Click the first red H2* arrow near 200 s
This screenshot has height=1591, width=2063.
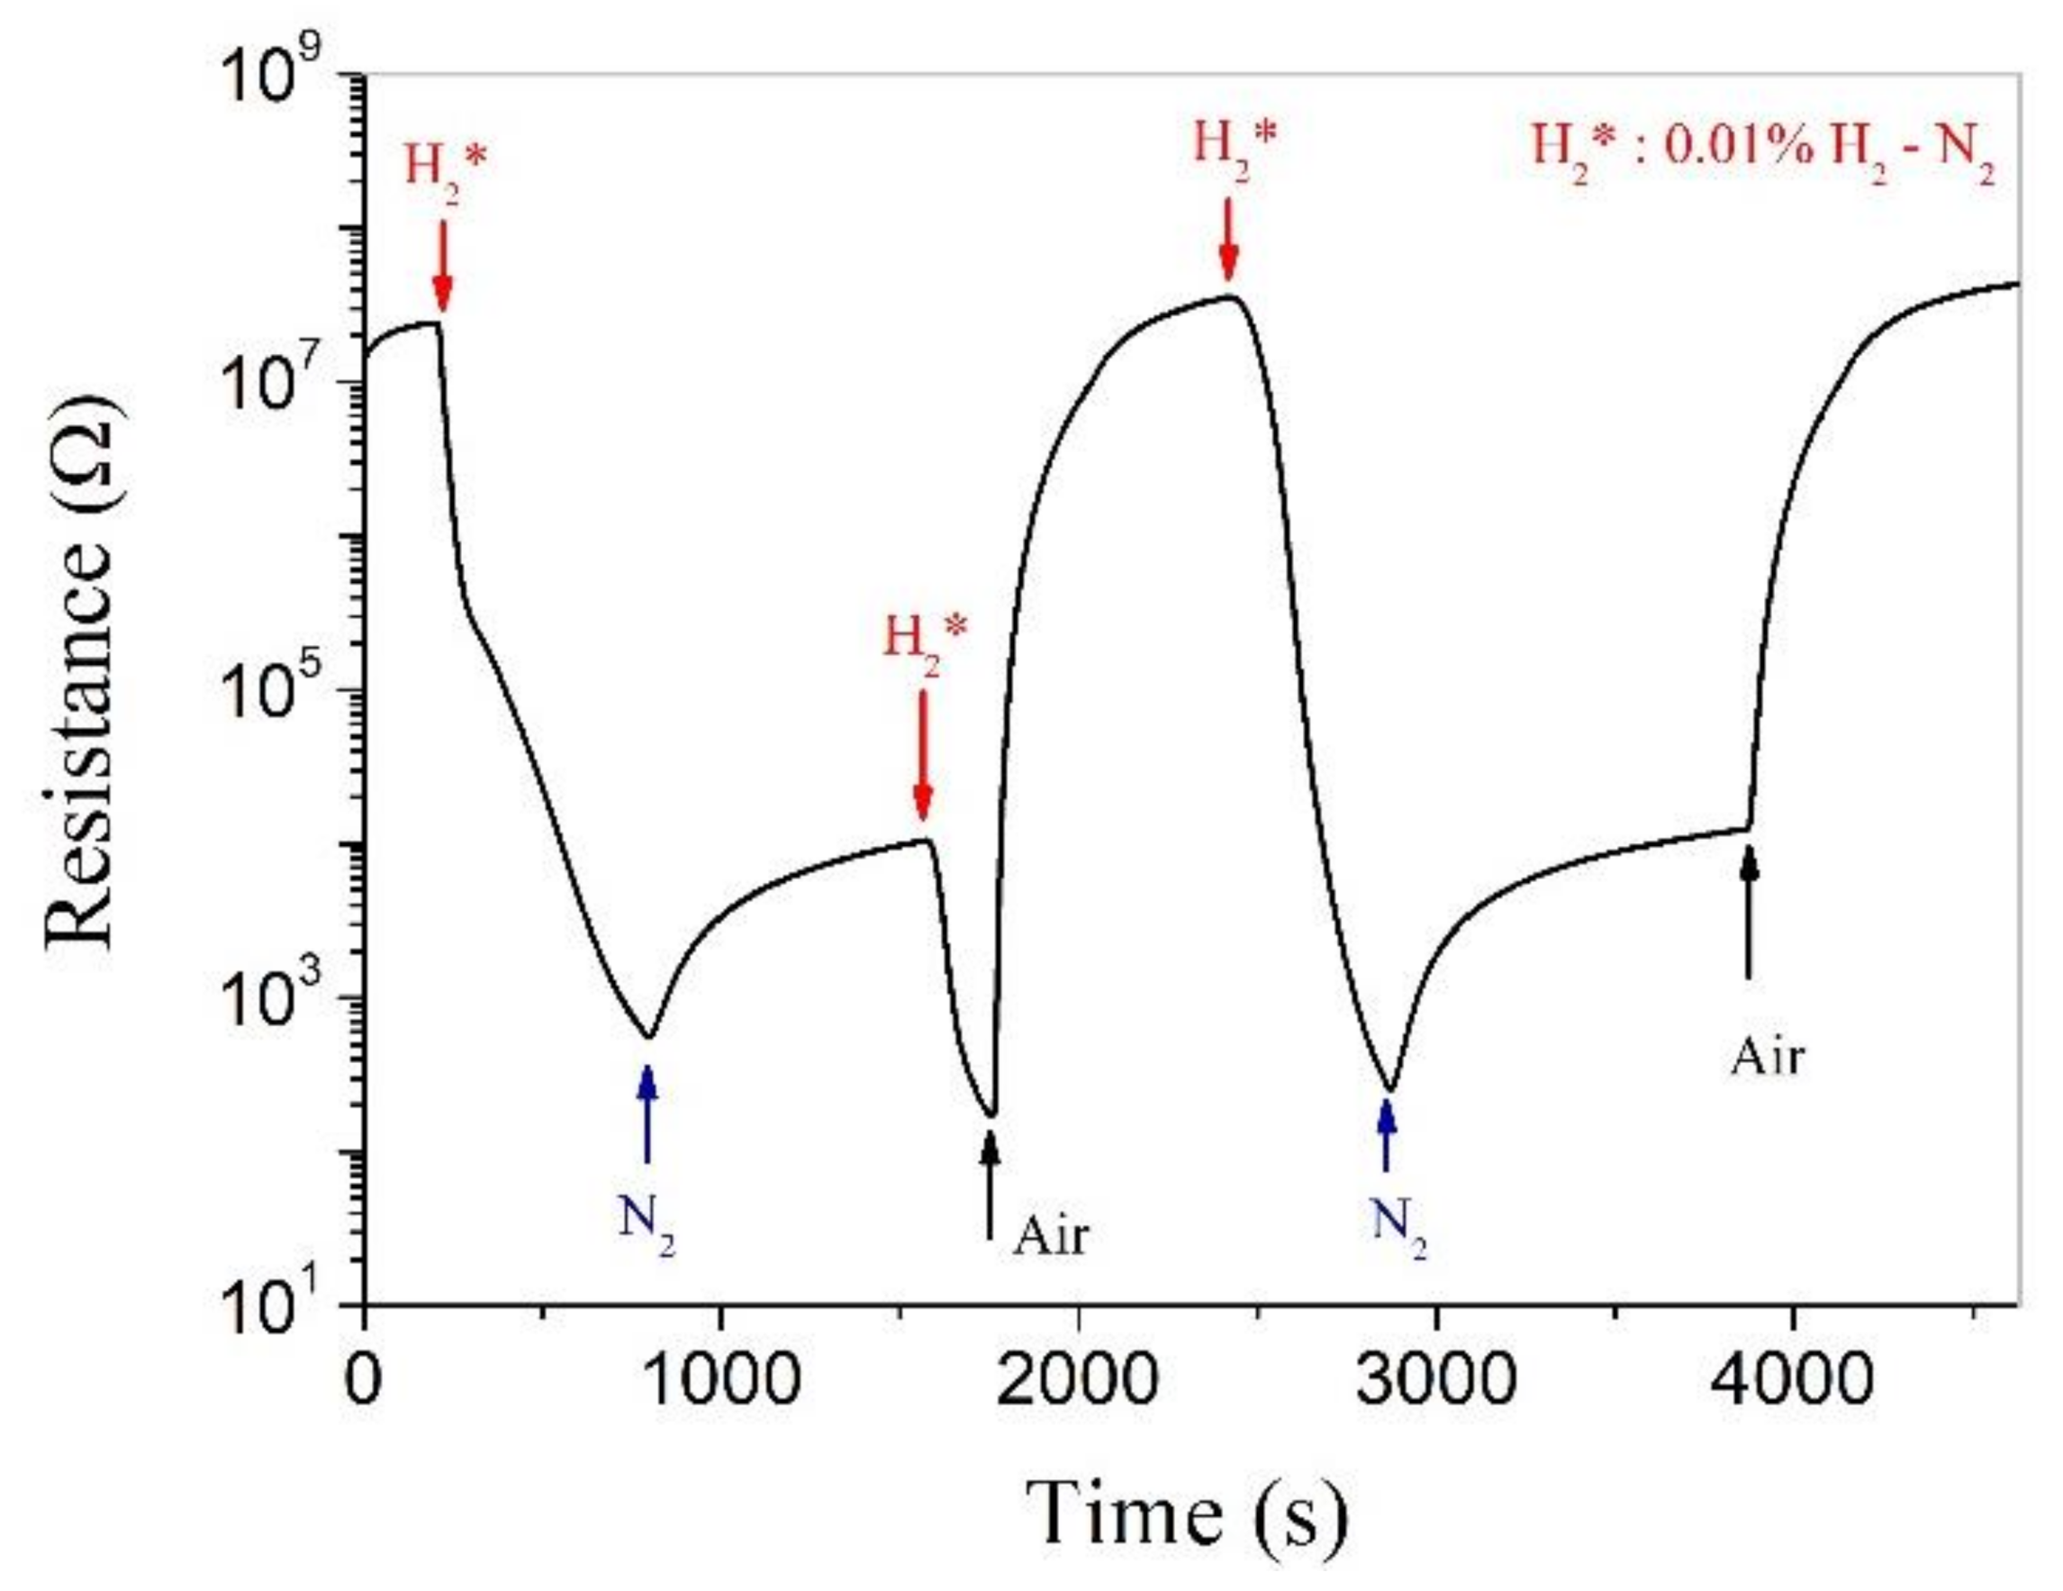(442, 269)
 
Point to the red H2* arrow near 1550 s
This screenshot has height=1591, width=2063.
(923, 756)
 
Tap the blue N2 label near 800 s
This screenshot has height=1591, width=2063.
(647, 1223)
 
